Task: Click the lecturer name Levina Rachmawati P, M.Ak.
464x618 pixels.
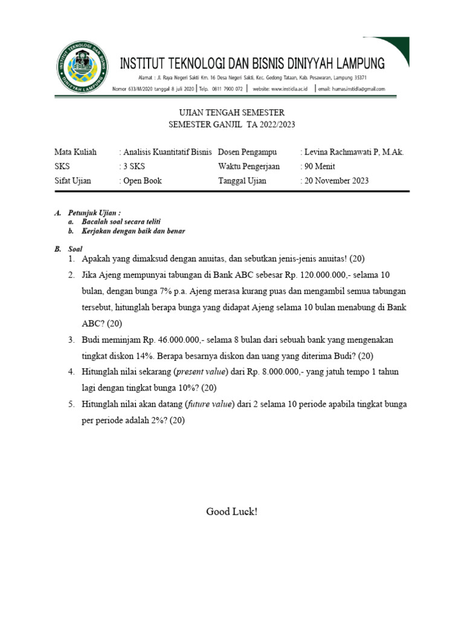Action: tap(353, 152)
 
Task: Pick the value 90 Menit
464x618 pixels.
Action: tap(319, 167)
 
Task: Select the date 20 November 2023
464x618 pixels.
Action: tap(336, 181)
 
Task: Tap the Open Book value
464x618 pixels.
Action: tap(142, 181)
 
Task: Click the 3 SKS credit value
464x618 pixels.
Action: tap(134, 167)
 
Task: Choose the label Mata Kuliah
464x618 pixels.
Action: tap(76, 152)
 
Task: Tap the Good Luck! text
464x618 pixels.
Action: tap(232, 512)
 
